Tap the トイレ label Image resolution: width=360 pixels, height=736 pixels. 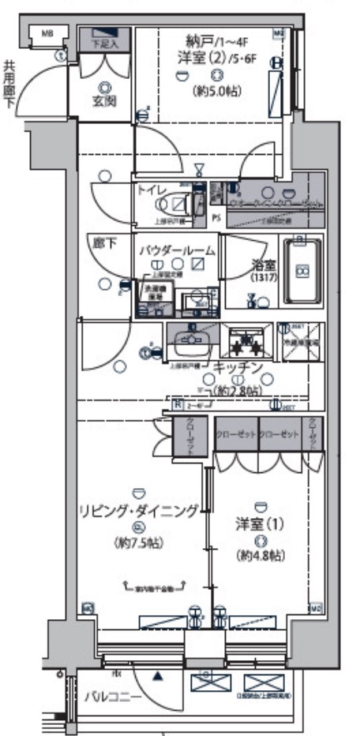152,190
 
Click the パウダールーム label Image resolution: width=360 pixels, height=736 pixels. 178,250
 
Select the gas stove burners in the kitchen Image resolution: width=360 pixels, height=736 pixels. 247,342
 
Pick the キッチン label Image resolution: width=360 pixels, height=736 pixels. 236,367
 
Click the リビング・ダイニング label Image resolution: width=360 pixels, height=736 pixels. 138,511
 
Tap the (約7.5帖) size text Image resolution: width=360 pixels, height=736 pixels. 138,544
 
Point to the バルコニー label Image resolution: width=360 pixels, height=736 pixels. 114,697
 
